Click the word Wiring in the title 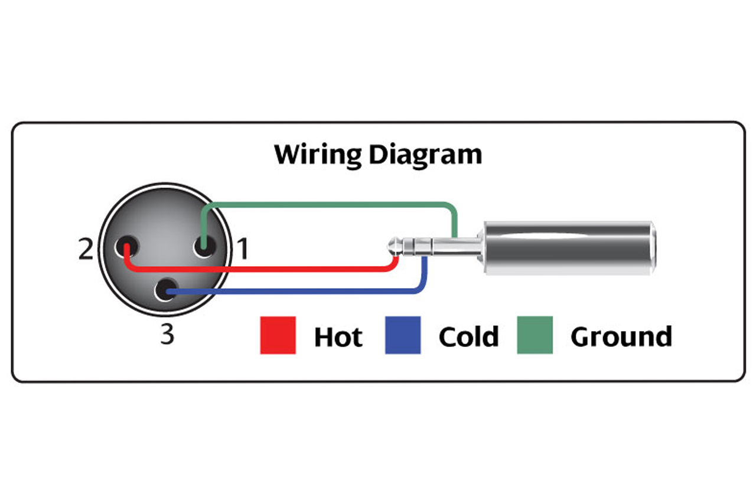coord(318,155)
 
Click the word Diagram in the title coord(425,155)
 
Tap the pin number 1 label coord(243,248)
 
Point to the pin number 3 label coord(167,334)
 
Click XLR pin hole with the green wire coord(204,246)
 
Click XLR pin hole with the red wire coord(126,246)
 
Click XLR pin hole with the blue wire coord(166,289)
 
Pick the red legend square coord(278,335)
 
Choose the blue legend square coord(403,335)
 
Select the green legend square coord(535,335)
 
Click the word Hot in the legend coord(338,336)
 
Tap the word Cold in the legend coord(469,336)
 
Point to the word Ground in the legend coord(621,336)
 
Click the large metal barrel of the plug coord(570,248)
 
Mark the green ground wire coord(329,204)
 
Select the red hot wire coord(260,269)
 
